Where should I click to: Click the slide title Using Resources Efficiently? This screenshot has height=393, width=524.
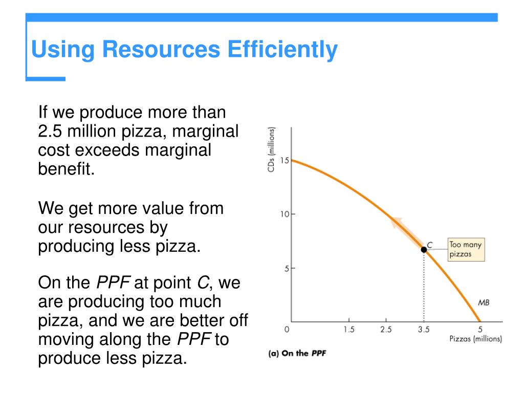click(x=184, y=50)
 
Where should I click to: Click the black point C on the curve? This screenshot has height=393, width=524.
click(x=424, y=250)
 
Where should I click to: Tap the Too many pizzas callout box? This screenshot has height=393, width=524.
click(x=466, y=249)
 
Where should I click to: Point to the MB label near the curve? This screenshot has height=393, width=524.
click(x=484, y=302)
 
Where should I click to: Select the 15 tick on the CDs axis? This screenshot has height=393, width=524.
click(x=285, y=161)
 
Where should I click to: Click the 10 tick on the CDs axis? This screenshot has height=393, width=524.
click(x=285, y=214)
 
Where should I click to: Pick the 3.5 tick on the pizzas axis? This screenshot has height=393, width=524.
click(x=424, y=330)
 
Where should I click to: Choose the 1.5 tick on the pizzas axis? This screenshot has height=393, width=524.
click(x=349, y=330)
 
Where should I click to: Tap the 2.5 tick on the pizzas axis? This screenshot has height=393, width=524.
click(x=386, y=330)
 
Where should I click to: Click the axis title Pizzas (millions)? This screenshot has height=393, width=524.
click(x=475, y=339)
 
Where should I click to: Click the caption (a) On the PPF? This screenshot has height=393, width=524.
click(x=297, y=354)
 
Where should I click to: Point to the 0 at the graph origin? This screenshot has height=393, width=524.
click(x=287, y=330)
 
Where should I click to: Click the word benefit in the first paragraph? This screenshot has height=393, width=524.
click(x=67, y=169)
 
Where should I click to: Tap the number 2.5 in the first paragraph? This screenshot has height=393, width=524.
click(x=50, y=132)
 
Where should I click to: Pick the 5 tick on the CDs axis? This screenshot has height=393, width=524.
click(x=287, y=268)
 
